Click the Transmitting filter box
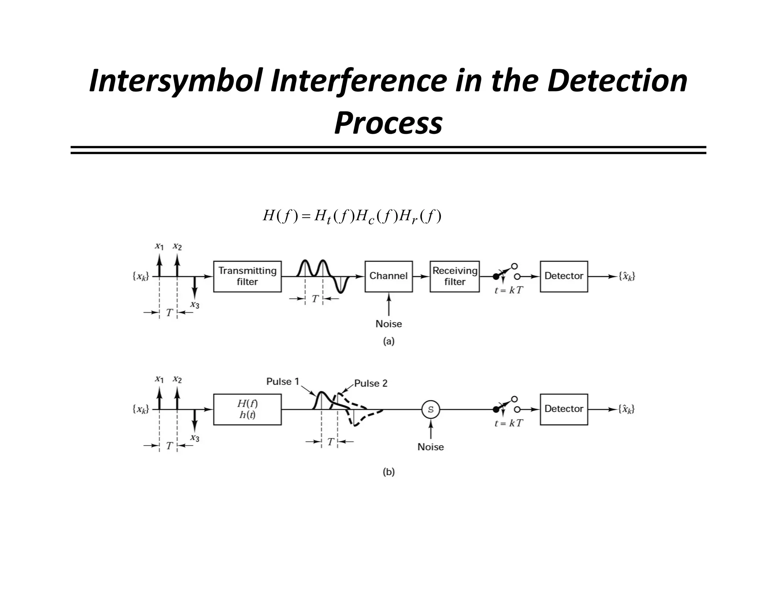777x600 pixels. click(x=247, y=276)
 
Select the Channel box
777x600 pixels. click(x=388, y=276)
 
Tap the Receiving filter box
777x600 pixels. click(x=455, y=276)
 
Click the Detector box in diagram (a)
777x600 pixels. click(x=564, y=276)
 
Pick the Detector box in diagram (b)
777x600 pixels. click(x=564, y=409)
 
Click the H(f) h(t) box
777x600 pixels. click(x=247, y=409)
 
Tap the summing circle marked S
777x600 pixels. click(x=431, y=410)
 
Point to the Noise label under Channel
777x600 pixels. click(x=388, y=324)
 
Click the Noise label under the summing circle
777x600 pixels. click(x=431, y=447)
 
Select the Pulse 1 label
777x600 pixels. click(x=283, y=382)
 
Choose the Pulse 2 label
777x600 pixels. click(x=371, y=383)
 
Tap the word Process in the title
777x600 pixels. click(x=388, y=124)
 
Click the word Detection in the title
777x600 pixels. click(x=617, y=81)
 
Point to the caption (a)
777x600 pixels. click(x=388, y=341)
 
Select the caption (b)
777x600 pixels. click(x=388, y=472)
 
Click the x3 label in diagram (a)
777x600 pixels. click(x=195, y=305)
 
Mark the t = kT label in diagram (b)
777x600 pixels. click(x=508, y=423)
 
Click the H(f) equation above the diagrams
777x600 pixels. click(x=352, y=217)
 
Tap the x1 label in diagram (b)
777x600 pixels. click(x=159, y=379)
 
